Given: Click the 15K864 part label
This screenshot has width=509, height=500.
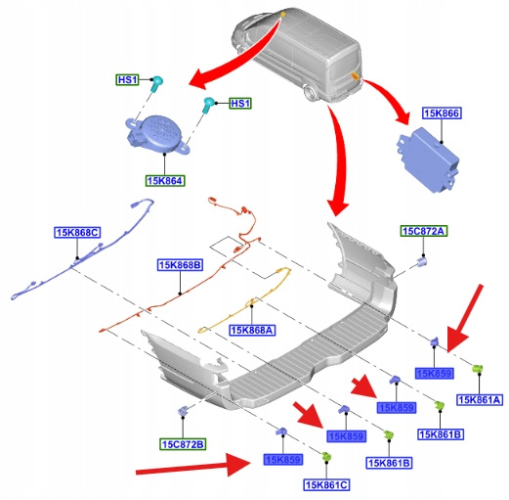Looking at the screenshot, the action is tap(165, 181).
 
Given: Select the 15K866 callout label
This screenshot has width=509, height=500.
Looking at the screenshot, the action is tap(442, 114).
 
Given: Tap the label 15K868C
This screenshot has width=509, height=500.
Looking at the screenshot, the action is tap(77, 233).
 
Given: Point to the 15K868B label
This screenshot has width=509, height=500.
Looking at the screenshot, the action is tap(180, 265).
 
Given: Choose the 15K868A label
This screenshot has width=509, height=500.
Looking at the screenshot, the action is tap(252, 330).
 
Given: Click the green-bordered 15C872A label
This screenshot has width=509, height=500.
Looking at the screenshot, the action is tap(424, 231).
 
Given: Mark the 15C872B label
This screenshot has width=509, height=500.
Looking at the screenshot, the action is tap(183, 444).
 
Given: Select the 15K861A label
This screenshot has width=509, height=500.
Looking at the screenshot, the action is tap(479, 399).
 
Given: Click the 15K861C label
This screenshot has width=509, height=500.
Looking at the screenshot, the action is tap(326, 485).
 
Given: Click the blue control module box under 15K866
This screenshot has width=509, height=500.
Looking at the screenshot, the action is tap(428, 159).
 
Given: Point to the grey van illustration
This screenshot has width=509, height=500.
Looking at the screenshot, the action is tap(297, 54).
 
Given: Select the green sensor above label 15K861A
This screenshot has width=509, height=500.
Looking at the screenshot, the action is tap(478, 369).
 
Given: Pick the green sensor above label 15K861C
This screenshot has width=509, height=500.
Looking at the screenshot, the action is tap(326, 456).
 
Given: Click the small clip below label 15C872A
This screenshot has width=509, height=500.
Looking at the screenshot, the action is tap(422, 261).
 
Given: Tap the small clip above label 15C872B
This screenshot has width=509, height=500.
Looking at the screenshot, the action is tap(183, 411).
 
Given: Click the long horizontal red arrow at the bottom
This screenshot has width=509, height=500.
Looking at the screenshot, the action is tap(193, 466).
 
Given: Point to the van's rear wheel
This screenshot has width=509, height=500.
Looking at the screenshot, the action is tap(310, 93).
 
